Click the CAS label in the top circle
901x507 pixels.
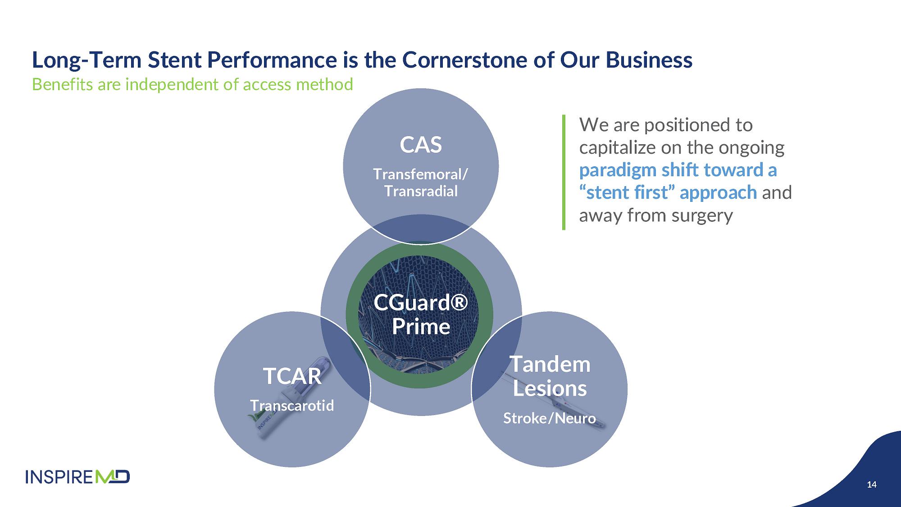click(421, 145)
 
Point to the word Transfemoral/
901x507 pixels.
click(421, 174)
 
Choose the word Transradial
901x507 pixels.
click(421, 191)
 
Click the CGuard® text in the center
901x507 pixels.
click(421, 302)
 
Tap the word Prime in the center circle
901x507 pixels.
click(421, 327)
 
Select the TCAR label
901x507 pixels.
click(292, 376)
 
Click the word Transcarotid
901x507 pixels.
click(292, 406)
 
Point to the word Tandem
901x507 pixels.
click(550, 364)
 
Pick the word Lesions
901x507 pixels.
click(550, 388)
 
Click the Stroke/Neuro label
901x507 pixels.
click(550, 418)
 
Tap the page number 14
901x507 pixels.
click(872, 484)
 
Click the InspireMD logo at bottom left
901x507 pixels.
click(77, 477)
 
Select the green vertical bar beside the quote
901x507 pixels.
click(564, 172)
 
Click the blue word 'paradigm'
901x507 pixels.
click(617, 170)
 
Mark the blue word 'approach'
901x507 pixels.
click(718, 193)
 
